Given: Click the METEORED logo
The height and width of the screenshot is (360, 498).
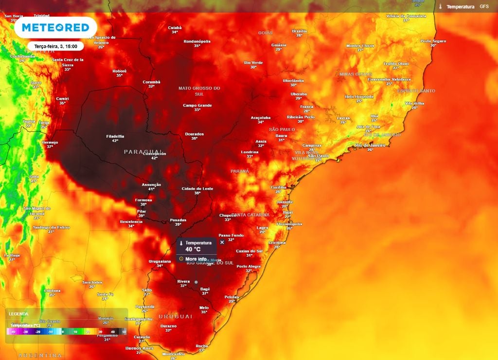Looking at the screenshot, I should point(55,28).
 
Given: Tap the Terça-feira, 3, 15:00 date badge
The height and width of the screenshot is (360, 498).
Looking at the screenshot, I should point(55,46).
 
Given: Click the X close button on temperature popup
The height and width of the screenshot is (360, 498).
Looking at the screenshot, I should point(222,242).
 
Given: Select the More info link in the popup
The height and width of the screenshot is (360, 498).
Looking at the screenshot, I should point(196,259).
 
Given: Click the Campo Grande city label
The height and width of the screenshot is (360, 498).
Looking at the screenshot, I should point(197,106).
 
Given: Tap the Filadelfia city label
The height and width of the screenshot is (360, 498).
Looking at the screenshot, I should point(115,136).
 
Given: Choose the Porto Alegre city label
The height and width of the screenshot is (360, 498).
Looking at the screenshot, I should point(249,267).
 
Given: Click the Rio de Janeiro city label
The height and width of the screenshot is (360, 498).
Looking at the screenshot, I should point(370,145).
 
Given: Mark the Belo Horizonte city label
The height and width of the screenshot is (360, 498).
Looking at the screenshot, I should point(360,97).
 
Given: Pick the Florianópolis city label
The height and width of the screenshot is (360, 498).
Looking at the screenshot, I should point(289,224).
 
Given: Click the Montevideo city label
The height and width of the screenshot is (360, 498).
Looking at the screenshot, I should point(174,354).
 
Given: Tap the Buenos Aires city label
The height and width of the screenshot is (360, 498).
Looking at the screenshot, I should point(140,348).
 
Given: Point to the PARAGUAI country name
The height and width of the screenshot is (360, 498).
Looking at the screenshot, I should point(142,152).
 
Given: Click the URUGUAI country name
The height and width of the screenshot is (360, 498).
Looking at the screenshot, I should point(176,316).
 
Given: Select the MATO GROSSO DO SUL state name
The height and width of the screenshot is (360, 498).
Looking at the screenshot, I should point(199,90).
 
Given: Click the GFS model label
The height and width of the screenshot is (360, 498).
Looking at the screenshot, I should point(484,7).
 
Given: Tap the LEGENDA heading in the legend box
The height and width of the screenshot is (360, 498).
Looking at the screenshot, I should point(18,314).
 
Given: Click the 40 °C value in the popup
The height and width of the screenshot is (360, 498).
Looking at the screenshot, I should point(193,249).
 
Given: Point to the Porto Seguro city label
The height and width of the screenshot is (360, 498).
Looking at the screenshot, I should point(433,41).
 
